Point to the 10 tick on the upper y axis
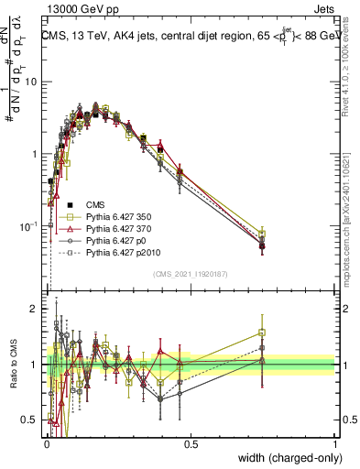pyautogui.click(x=32, y=82)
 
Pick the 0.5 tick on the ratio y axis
pyautogui.click(x=32, y=420)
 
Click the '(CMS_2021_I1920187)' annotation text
pyautogui.click(x=190, y=273)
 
